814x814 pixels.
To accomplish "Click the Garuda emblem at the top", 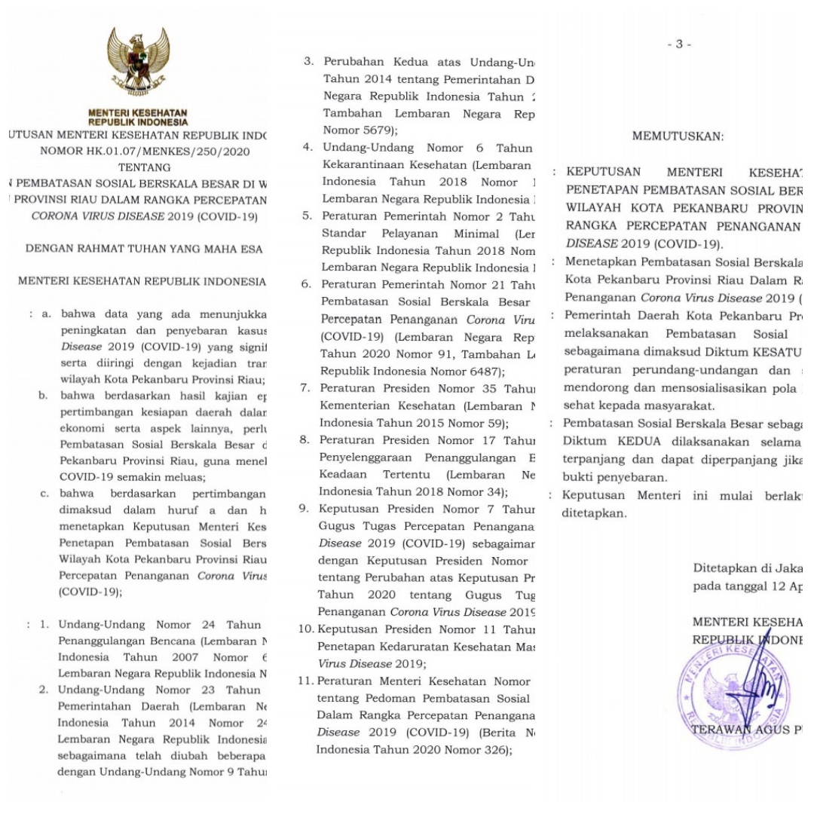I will (138, 61).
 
